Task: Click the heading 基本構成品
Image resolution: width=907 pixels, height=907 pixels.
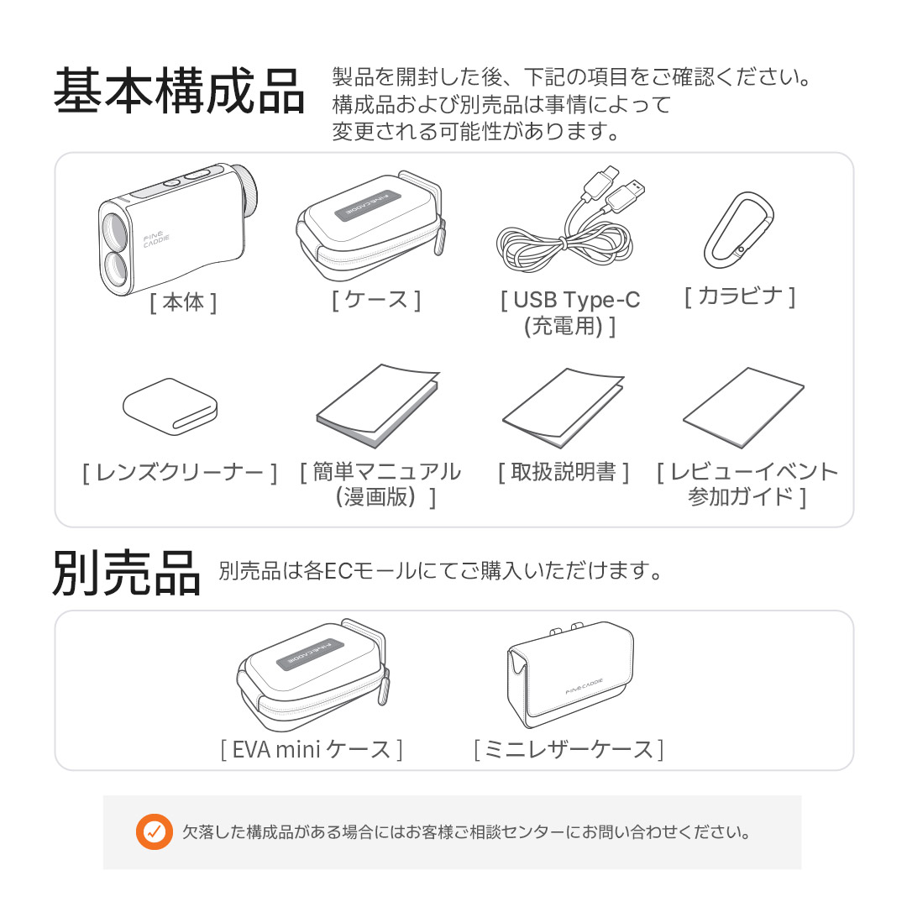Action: point(180,91)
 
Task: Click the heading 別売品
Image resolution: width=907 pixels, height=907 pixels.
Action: point(127,573)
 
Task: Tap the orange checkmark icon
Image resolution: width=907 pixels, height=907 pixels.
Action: point(154,831)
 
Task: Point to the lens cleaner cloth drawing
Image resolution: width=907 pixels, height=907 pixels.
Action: point(170,406)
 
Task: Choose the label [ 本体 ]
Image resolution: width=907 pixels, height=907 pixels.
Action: point(183,302)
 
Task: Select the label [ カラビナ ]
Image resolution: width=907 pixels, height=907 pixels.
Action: point(740,296)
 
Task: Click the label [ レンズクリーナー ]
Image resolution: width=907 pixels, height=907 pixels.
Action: point(180,473)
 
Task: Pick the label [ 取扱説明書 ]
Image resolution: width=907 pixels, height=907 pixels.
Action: point(564,472)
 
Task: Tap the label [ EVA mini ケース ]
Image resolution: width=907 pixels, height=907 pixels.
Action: point(312,750)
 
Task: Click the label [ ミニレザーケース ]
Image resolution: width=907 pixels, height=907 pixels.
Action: point(569,750)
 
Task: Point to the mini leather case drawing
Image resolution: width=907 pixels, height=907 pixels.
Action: point(570,674)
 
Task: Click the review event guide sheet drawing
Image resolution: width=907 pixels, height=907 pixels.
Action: point(743,407)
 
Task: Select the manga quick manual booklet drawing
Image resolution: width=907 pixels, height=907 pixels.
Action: point(378,406)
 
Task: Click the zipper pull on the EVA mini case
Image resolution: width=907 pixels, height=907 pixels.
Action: point(384,686)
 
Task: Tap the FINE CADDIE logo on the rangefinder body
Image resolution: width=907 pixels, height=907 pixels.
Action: point(156,239)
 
